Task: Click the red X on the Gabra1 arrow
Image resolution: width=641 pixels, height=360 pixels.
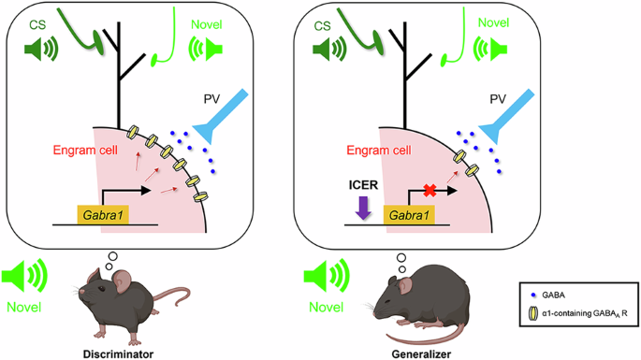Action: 430,190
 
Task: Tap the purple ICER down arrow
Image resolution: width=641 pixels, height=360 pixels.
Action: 363,208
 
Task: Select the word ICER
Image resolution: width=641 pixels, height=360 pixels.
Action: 363,185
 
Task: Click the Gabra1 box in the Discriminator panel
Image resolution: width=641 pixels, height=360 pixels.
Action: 103,215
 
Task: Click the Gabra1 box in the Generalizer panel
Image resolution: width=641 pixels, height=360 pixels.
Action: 409,215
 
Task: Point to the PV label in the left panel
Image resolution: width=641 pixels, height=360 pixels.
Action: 211,99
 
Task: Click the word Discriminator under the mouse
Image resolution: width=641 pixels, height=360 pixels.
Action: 118,353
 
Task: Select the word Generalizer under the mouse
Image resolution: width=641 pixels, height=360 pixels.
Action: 421,353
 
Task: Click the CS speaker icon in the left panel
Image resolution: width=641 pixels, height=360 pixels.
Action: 41,49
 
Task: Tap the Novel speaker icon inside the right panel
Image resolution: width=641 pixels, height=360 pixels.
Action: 490,49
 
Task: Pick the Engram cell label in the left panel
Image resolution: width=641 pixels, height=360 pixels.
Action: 85,150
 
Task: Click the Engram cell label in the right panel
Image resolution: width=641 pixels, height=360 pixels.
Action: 379,151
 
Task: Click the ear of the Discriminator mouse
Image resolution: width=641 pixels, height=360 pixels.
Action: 122,281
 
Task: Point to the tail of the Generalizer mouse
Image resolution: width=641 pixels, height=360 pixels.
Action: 425,337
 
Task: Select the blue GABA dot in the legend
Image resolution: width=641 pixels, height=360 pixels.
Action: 533,295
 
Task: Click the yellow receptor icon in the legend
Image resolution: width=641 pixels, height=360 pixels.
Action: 533,313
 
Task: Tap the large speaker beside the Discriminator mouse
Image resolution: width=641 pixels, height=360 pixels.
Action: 24,277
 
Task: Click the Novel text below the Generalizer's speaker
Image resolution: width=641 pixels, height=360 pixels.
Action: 326,307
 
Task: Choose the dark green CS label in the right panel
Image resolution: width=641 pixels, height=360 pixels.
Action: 322,26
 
